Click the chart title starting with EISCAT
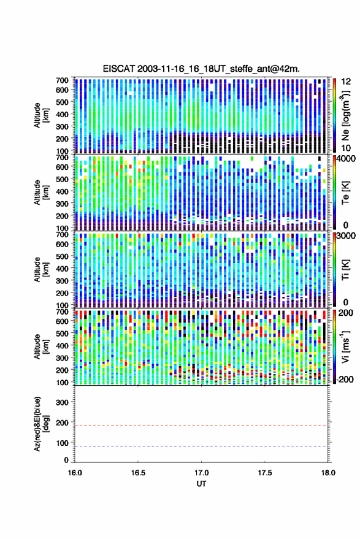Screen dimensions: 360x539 [x=201, y=69]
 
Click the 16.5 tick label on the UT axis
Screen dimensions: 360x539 [x=138, y=473]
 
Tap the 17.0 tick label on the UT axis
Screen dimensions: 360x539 [x=201, y=473]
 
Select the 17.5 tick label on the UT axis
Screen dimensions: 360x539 [x=264, y=473]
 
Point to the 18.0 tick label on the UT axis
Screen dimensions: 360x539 [x=327, y=473]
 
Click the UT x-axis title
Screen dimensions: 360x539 [x=201, y=484]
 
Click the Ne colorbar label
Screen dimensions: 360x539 [x=345, y=116]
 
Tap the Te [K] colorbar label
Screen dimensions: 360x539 [x=345, y=193]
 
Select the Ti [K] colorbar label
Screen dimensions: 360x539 [x=345, y=270]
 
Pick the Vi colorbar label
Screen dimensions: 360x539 [x=345, y=346]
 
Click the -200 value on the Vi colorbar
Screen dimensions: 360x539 [x=345, y=379]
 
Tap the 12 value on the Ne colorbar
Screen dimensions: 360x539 [x=346, y=82]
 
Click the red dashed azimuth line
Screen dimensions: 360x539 [x=201, y=426]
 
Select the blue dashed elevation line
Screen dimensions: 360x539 [x=201, y=446]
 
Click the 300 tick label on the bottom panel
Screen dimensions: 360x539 [x=62, y=402]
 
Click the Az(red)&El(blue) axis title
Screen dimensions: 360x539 [x=41, y=424]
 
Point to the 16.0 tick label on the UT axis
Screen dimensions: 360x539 [x=75, y=473]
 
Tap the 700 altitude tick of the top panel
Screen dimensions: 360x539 [x=62, y=80]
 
